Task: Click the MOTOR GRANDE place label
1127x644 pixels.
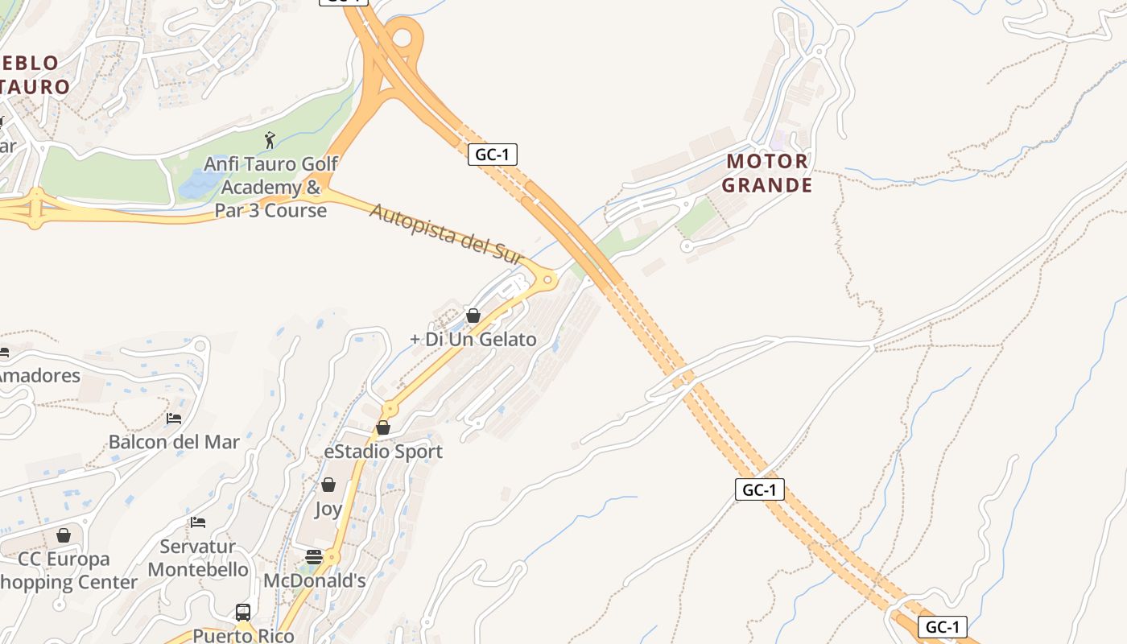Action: point(766,173)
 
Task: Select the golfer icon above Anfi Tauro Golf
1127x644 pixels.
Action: point(270,140)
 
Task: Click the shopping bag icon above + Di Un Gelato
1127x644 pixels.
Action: point(473,316)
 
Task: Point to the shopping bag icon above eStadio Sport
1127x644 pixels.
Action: point(383,427)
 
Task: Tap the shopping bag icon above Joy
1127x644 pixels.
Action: point(328,485)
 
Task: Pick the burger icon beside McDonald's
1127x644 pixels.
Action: point(314,556)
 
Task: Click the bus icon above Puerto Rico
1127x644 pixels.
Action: point(242,612)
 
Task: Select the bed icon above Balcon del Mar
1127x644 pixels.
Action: point(174,418)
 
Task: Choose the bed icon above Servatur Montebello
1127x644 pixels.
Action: point(198,522)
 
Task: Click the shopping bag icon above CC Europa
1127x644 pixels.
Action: point(64,535)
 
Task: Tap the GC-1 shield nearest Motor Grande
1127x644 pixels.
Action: point(492,155)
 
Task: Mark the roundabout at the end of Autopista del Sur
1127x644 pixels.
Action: point(548,280)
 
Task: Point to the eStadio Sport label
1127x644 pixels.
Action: point(383,452)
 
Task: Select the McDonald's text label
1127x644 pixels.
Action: point(315,580)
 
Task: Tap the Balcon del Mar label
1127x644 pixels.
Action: point(174,442)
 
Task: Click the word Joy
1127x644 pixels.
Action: point(328,509)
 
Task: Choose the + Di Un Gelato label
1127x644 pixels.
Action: point(473,340)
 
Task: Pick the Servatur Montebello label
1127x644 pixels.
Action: point(198,558)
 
